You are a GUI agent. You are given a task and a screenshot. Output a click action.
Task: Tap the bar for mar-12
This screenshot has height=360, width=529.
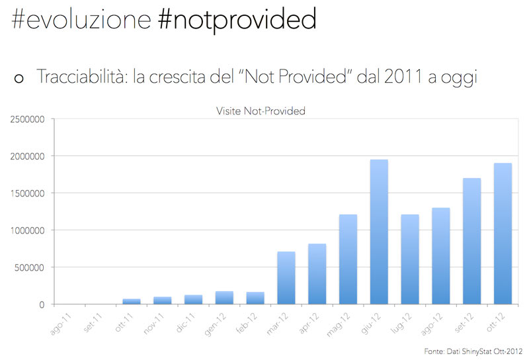point(286,278)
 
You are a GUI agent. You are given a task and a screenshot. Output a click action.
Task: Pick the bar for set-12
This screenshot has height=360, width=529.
point(472,241)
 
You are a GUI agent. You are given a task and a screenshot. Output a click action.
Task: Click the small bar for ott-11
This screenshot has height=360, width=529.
point(131,302)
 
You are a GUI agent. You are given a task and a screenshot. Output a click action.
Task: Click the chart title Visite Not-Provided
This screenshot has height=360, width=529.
point(261,111)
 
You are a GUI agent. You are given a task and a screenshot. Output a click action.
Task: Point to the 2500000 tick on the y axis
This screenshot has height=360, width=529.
point(26,120)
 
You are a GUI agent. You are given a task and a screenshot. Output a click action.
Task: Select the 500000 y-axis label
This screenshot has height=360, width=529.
point(28,268)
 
